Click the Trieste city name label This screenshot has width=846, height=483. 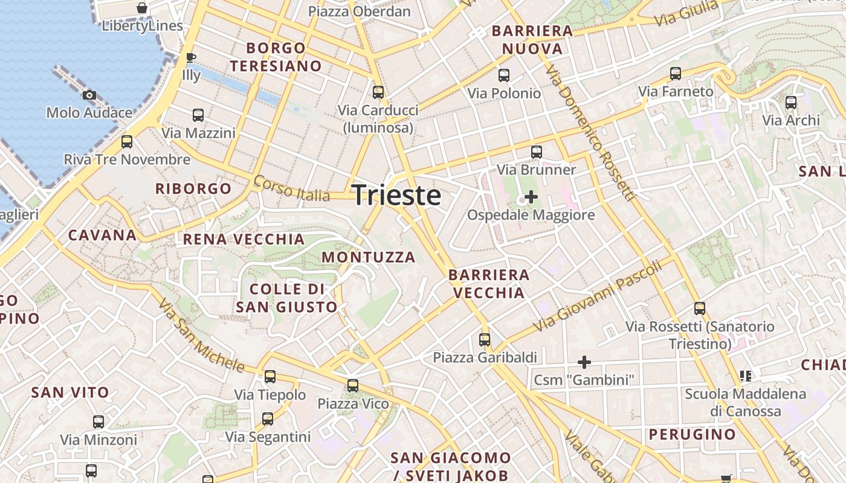pos(396,196)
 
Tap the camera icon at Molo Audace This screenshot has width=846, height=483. pos(89,95)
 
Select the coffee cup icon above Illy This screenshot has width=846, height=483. pos(191,58)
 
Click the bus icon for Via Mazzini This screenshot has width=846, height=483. pos(198,115)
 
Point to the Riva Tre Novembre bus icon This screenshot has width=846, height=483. pos(127,142)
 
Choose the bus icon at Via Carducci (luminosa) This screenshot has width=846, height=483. pos(378,92)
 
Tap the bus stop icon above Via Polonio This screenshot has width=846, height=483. pos(503,75)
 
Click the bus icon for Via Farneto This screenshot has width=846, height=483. pos(676,74)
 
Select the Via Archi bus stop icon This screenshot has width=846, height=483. pos(790,103)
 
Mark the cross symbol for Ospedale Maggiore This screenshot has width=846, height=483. pos(531,197)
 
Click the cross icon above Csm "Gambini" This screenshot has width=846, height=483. pos(584,362)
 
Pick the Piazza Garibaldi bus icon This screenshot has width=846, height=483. pos(485,339)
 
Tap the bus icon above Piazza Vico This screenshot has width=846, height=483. pos(353,385)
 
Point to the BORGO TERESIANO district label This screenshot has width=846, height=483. pos(276,57)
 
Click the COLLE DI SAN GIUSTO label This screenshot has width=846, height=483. pos(286,298)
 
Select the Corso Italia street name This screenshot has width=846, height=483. pos(292,188)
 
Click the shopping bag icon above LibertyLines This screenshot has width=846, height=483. pos(142,8)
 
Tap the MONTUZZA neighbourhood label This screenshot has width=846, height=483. pos(369,257)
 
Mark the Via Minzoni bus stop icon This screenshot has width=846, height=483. pos(98,421)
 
